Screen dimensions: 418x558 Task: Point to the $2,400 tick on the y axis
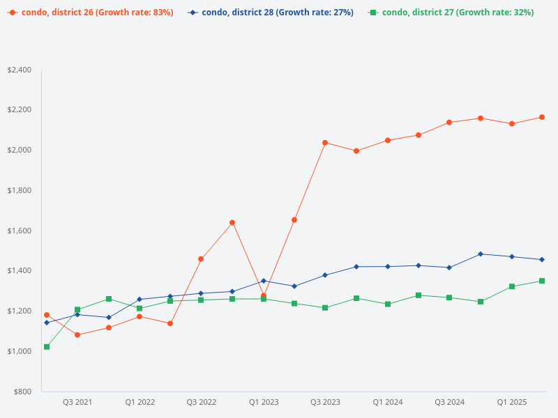pyautogui.click(x=19, y=70)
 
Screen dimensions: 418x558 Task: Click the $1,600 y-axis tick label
pyautogui.click(x=19, y=231)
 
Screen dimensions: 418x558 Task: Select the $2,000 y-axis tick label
pyautogui.click(x=19, y=150)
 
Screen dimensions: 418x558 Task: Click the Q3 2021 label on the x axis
pyautogui.click(x=77, y=402)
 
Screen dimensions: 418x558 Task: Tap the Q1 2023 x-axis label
pyautogui.click(x=264, y=402)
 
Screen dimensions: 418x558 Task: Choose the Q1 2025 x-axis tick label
pyautogui.click(x=512, y=402)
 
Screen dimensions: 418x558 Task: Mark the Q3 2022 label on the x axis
pyautogui.click(x=202, y=402)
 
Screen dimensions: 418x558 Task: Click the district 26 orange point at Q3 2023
pyautogui.click(x=325, y=143)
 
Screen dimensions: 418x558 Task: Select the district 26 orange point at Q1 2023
pyautogui.click(x=264, y=296)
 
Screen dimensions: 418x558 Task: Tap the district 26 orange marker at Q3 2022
pyautogui.click(x=201, y=259)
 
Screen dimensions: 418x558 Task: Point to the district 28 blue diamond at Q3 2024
pyautogui.click(x=449, y=268)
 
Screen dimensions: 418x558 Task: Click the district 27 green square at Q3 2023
pyautogui.click(x=325, y=308)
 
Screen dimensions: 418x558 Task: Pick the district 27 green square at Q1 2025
pyautogui.click(x=512, y=286)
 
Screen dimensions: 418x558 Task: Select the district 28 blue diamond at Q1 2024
pyautogui.click(x=388, y=267)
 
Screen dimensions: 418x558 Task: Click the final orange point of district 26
pyautogui.click(x=542, y=117)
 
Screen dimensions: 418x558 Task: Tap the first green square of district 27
pyautogui.click(x=47, y=347)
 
